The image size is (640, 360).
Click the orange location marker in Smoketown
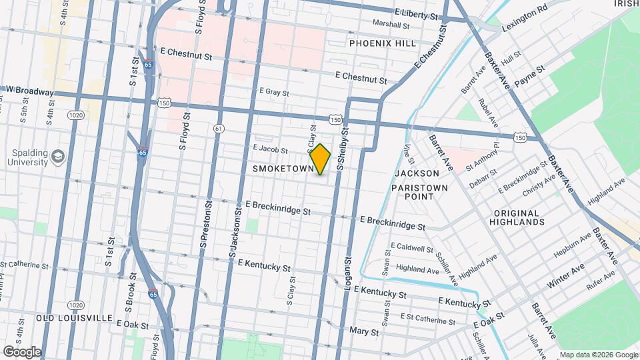[x=321, y=159]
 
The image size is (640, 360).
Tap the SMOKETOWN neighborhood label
[x=283, y=169]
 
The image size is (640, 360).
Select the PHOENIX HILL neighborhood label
[x=383, y=43]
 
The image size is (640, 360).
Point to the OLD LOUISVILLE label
[x=74, y=318]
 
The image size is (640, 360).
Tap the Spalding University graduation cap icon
[x=58, y=155]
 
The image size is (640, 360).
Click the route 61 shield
[x=219, y=128]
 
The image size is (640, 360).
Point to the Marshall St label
[x=391, y=25]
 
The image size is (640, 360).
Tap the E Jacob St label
[x=270, y=150]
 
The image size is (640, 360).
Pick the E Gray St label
[x=273, y=91]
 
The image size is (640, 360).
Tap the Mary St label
[x=365, y=331]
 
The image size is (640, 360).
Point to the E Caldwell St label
[x=407, y=248]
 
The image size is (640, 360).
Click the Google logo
[x=22, y=351]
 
